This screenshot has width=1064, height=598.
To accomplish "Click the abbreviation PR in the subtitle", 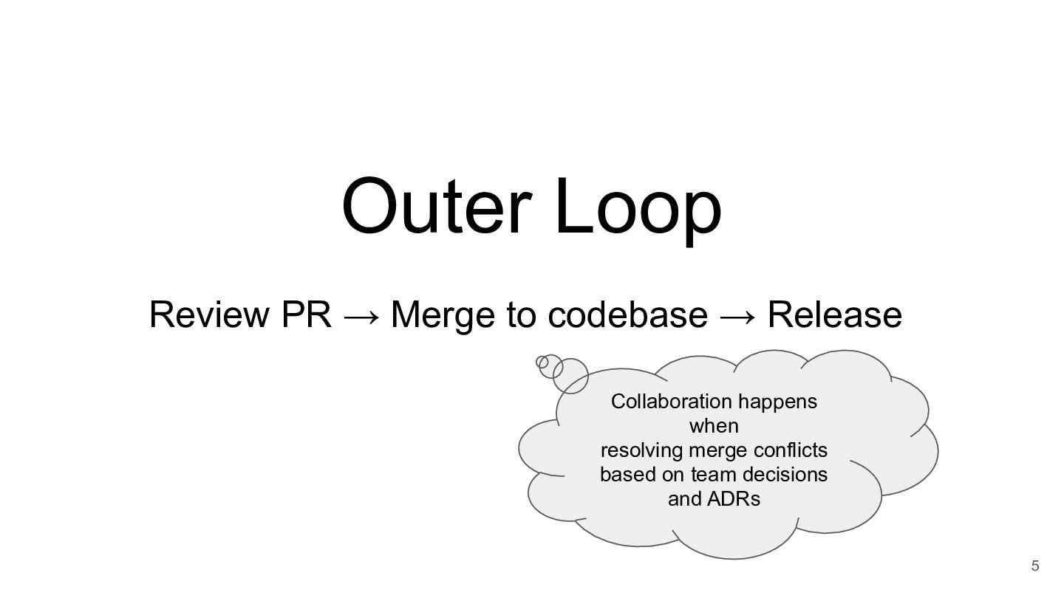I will (x=306, y=315).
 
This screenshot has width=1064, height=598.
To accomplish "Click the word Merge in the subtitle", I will (x=443, y=315).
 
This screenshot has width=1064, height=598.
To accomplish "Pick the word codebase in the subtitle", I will (x=627, y=315).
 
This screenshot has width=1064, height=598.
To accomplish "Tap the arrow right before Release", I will (x=738, y=316).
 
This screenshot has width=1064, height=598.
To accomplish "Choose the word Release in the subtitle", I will (x=835, y=315).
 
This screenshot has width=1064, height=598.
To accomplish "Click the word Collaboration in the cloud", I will (x=670, y=402).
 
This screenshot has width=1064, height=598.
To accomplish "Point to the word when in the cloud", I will (x=714, y=426).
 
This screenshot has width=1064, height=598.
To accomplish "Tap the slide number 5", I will (x=1034, y=566).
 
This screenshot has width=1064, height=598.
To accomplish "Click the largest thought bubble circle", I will (x=570, y=375).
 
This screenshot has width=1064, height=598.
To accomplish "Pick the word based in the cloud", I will (x=621, y=474).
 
